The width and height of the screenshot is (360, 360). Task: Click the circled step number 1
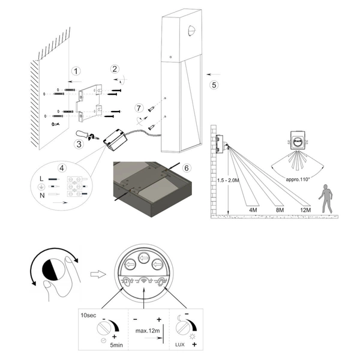point(76,71)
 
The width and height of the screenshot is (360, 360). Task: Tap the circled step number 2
point(115,69)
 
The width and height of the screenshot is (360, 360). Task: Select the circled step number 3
point(79,144)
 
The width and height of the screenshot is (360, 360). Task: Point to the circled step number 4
point(62,168)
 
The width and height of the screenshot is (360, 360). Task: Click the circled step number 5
point(214,85)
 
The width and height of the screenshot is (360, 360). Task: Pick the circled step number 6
point(187,168)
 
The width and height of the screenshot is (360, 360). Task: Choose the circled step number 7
point(139,108)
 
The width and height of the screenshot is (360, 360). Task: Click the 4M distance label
point(253,210)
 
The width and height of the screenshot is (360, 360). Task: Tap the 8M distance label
point(280,210)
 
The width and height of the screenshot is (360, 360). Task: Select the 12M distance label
point(305,210)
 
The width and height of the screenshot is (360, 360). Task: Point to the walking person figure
point(326,199)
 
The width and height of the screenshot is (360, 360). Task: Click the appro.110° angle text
point(298,179)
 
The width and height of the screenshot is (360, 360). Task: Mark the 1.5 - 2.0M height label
point(228,180)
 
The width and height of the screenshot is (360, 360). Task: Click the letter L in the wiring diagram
point(41,179)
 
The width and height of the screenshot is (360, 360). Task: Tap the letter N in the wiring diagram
point(42,196)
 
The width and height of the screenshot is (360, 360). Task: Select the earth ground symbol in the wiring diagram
point(41,187)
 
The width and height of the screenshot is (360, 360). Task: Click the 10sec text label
point(88,315)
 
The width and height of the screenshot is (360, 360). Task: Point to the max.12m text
point(148,331)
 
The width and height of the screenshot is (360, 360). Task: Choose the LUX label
point(180,344)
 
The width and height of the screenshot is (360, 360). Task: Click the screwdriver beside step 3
point(88,135)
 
